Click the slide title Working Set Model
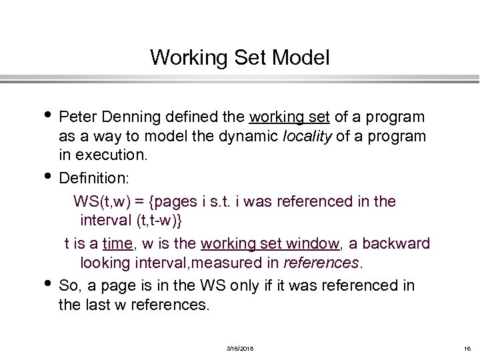point(240,57)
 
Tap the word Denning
point(129,117)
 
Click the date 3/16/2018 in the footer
point(240,349)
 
